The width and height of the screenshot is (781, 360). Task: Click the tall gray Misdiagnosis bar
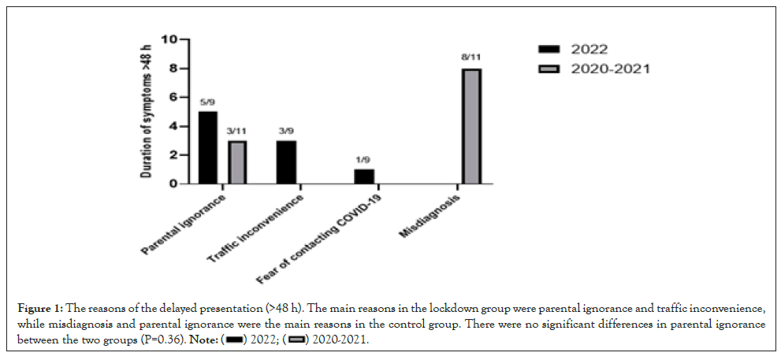pyautogui.click(x=472, y=126)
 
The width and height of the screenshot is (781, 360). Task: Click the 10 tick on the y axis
pyautogui.click(x=168, y=39)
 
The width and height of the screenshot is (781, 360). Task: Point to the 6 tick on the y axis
pyautogui.click(x=172, y=98)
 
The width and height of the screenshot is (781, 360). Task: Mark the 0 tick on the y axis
pyautogui.click(x=172, y=184)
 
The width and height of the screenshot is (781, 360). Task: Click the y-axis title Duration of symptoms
pyautogui.click(x=147, y=110)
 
